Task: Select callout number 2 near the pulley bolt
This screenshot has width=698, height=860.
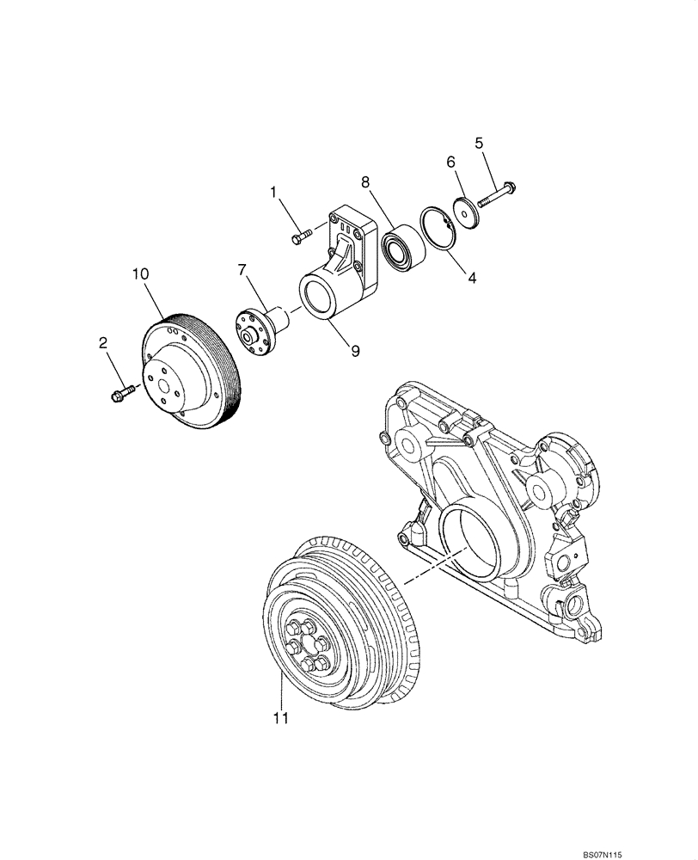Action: pyautogui.click(x=103, y=343)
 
